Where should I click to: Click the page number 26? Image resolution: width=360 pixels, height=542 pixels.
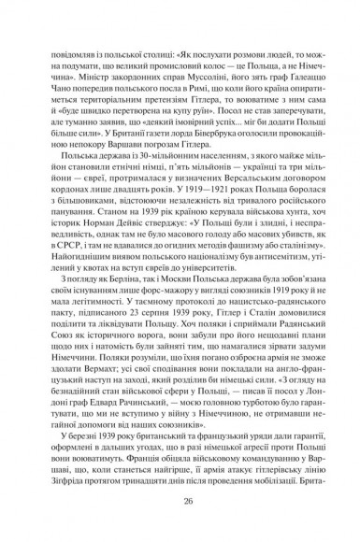point(180,502)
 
